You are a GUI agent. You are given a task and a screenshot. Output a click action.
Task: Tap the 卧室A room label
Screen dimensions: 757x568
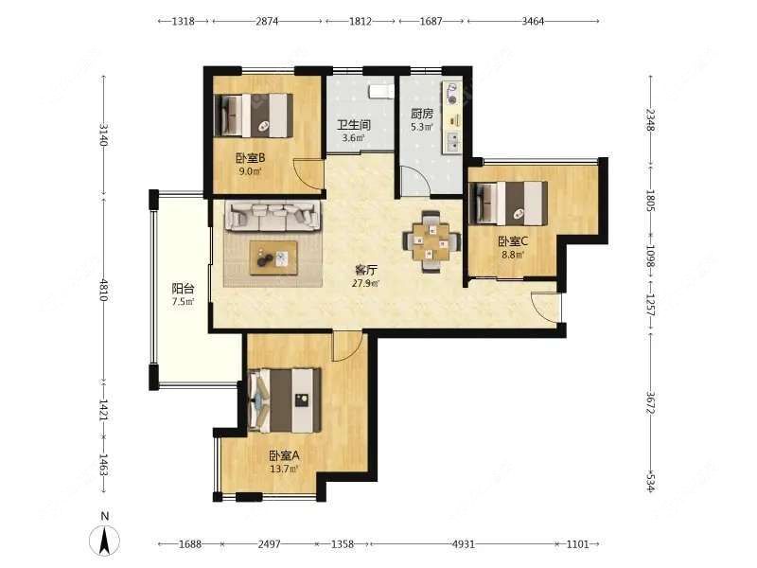point(285,455)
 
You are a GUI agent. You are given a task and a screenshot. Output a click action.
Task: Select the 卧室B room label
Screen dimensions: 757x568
point(250,158)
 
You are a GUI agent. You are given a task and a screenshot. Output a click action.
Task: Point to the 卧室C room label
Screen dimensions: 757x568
point(513,240)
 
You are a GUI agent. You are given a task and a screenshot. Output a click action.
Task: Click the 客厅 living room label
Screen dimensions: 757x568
point(365,271)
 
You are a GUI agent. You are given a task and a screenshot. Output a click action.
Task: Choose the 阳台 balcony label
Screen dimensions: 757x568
point(183,289)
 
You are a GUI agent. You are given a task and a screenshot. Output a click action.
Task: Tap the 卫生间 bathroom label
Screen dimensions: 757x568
point(353,125)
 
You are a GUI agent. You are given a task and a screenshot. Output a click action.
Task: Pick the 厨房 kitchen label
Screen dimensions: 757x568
point(422,114)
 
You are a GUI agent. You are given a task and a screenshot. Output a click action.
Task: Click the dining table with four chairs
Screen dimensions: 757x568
point(431,241)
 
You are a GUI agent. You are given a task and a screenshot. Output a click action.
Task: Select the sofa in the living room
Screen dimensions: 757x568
point(273,216)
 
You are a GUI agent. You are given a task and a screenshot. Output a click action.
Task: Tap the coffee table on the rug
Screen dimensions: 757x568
point(273,257)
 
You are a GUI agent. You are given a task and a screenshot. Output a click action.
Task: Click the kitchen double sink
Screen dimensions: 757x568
point(453,141)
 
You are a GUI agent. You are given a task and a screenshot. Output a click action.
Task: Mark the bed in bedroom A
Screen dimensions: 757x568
point(285,400)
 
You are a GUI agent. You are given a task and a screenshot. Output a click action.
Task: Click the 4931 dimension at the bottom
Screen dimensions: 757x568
point(463,544)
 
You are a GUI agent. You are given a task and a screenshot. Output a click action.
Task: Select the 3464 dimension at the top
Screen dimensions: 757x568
point(533,21)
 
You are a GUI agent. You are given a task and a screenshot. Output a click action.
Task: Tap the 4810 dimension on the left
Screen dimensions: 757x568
point(103,289)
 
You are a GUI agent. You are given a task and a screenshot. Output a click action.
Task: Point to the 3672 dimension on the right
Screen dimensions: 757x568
point(650,402)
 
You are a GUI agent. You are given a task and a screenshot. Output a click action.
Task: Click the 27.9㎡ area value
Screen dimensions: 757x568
point(365,283)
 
